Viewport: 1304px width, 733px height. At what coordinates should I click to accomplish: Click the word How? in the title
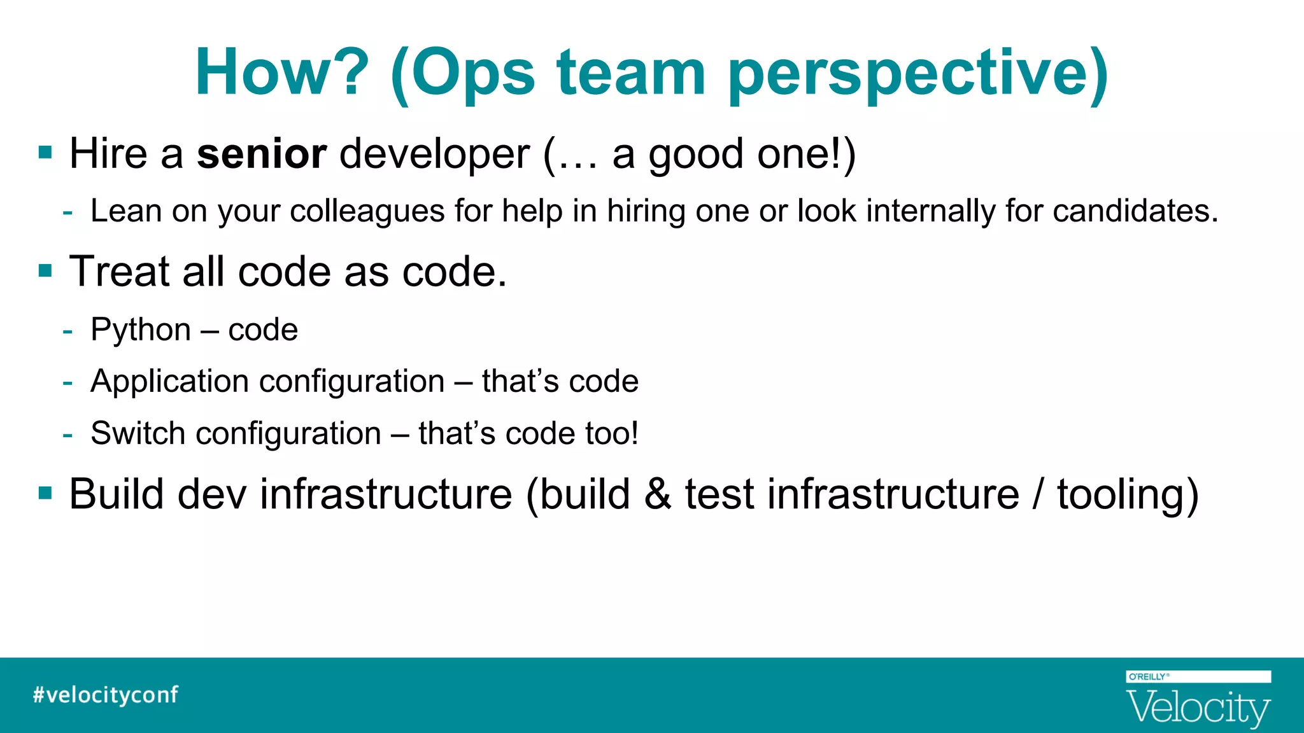click(282, 73)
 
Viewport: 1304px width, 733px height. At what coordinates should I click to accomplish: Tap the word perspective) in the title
click(918, 75)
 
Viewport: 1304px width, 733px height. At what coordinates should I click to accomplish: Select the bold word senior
click(262, 154)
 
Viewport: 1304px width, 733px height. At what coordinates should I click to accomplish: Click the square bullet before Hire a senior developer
click(45, 153)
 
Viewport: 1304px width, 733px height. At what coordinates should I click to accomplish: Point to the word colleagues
click(367, 211)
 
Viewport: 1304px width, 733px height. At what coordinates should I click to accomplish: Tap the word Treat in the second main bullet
click(119, 272)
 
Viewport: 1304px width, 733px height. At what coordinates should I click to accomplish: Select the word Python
click(141, 330)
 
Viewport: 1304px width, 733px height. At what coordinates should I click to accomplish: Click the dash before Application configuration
click(67, 382)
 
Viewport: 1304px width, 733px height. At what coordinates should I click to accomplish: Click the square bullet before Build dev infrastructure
click(45, 493)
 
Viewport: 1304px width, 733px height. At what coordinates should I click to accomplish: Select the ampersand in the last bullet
click(657, 494)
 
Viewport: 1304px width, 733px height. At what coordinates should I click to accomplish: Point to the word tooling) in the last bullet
click(1128, 495)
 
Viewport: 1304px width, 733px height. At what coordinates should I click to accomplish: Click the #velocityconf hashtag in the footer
click(106, 695)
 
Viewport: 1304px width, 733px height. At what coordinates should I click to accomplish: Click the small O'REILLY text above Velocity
click(1148, 677)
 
